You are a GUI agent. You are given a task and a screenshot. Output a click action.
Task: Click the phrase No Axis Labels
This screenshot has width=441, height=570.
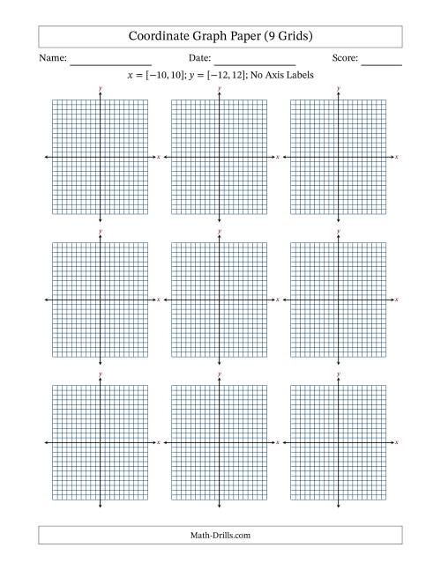282,75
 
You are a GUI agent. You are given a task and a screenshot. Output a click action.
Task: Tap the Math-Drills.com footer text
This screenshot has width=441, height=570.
220,535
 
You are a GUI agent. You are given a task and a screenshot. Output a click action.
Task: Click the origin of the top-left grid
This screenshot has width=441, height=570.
101,157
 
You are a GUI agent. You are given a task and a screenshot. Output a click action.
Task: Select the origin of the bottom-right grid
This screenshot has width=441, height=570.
338,442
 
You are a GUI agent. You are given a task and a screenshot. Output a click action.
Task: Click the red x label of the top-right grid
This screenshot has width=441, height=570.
398,157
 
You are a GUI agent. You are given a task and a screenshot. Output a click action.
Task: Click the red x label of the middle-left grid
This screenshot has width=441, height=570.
159,300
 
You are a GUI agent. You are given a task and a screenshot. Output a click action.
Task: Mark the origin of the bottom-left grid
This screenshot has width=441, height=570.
101,442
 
